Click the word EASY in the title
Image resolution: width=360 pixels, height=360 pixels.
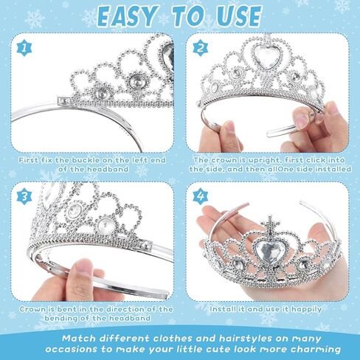tap(128, 17)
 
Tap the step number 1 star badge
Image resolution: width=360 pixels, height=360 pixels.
tap(24, 49)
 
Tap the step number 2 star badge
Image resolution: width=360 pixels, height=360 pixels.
tap(201, 48)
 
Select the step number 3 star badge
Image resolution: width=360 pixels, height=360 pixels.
tap(24, 197)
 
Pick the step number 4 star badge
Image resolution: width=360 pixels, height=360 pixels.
tap(201, 196)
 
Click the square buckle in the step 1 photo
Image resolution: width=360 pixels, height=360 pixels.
tap(63, 101)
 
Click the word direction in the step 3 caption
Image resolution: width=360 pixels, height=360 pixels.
tap(119, 309)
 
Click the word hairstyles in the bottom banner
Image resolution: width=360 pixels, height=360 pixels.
tap(245, 339)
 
